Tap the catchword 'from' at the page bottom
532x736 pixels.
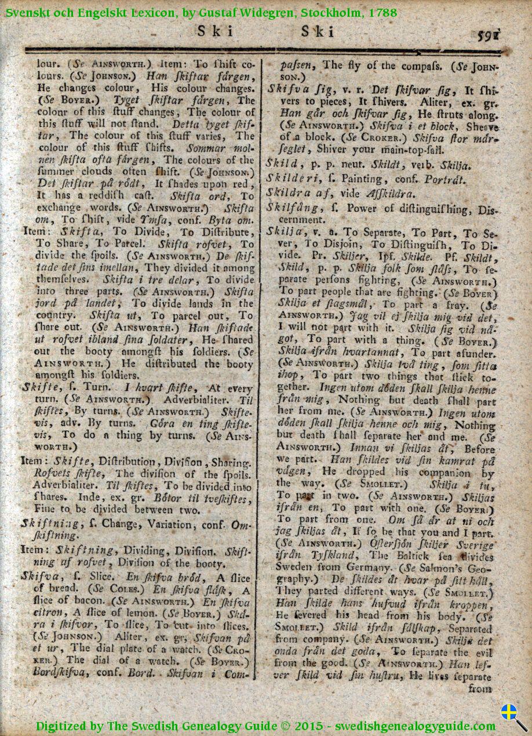coord(480,688)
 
